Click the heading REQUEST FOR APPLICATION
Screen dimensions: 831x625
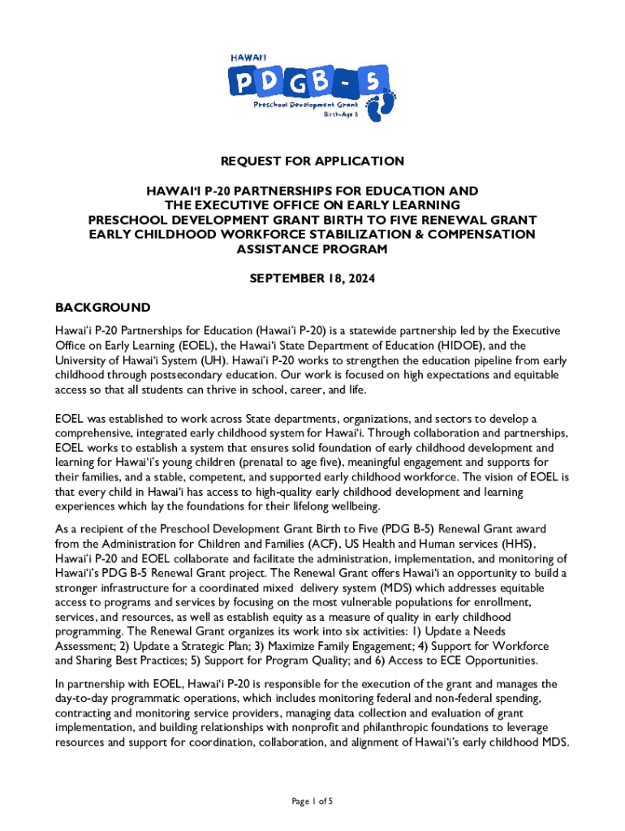tap(312, 161)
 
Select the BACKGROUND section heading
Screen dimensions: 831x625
tap(102, 308)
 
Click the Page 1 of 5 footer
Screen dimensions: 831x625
tap(312, 802)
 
